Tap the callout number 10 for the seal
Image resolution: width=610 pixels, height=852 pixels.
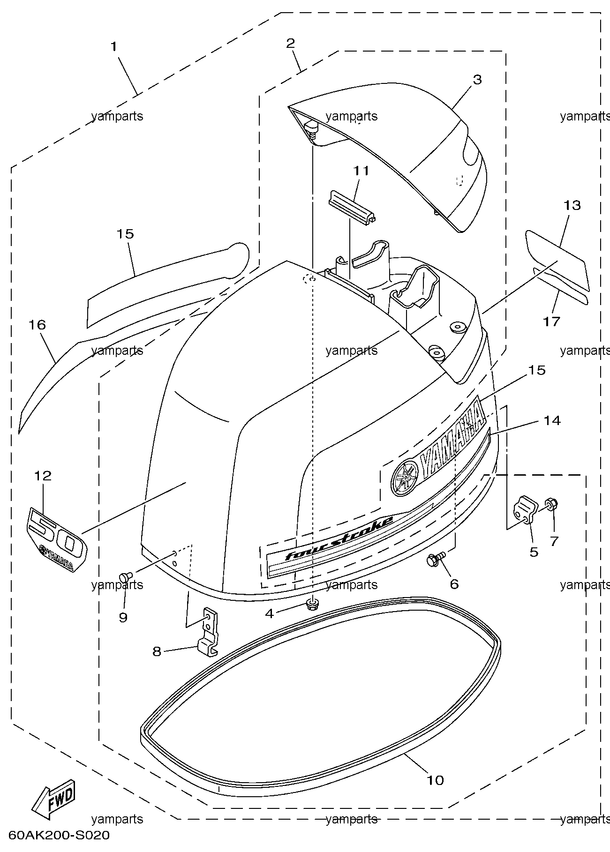click(x=435, y=780)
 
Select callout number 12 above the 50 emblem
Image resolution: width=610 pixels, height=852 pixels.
click(x=43, y=476)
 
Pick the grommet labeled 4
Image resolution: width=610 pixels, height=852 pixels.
click(x=310, y=604)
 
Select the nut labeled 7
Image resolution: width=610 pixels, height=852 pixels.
click(x=551, y=505)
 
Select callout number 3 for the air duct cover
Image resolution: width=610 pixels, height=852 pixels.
click(x=477, y=79)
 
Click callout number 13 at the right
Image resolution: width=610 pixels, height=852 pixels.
click(x=572, y=205)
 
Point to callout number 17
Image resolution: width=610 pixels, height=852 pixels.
click(x=552, y=321)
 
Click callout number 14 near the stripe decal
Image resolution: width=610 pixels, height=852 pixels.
click(x=552, y=420)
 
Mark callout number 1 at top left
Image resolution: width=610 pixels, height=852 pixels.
click(x=113, y=46)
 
